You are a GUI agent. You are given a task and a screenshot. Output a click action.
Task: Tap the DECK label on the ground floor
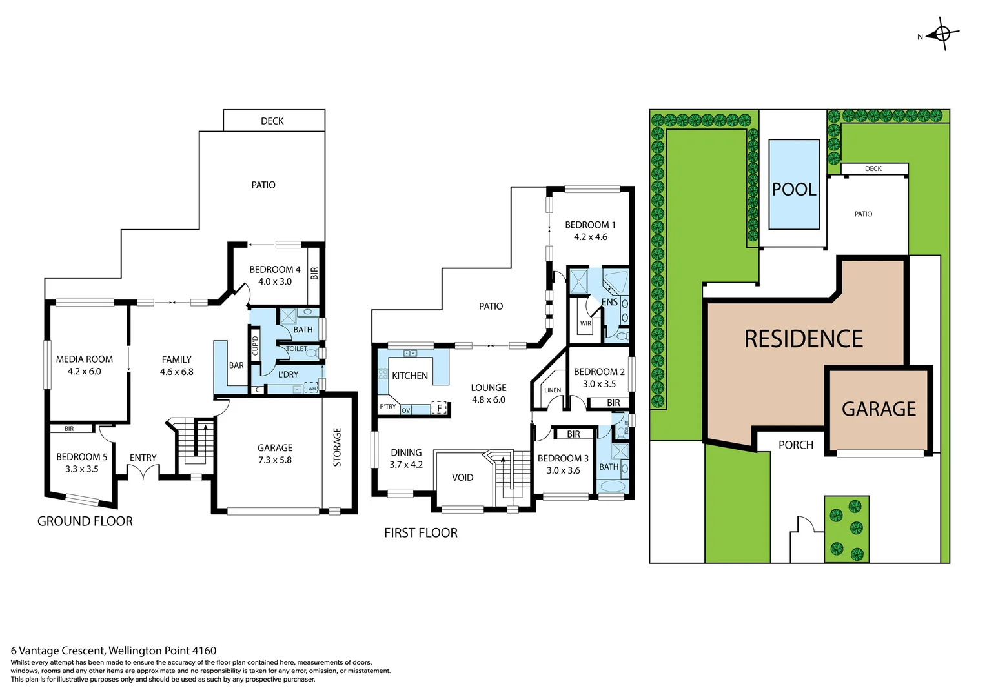coord(272,121)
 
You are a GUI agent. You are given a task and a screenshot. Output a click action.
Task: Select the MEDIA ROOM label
coord(84,359)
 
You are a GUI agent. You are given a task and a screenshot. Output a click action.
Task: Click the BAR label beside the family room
coord(236,365)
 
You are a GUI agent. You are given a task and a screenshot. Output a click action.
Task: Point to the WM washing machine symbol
coord(312,389)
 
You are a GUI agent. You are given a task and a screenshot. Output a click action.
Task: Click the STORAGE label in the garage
coord(337,447)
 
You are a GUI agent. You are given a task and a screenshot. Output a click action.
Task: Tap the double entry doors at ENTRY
coord(143,473)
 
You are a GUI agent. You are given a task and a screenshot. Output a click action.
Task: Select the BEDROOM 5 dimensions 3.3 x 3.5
coord(81,469)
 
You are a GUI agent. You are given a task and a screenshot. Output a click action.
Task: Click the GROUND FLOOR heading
coord(85,521)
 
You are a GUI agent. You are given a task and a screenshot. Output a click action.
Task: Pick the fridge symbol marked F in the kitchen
coord(439,408)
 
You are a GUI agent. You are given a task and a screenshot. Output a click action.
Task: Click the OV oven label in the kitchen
coord(405,410)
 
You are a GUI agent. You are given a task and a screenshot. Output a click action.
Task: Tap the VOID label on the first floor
coord(462,478)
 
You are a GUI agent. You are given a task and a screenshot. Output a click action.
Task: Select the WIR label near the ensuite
coord(585,323)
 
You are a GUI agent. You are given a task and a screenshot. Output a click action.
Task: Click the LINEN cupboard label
coord(553,390)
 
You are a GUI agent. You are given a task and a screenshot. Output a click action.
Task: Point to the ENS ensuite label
coord(609,302)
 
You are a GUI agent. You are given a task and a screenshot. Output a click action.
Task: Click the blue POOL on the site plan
coord(794,185)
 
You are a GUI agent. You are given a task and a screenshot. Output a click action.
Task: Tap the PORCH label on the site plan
coord(795,445)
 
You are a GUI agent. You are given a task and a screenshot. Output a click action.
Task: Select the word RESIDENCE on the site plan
coord(803,339)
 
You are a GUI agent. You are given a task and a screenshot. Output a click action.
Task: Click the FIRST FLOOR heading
coord(420,533)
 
